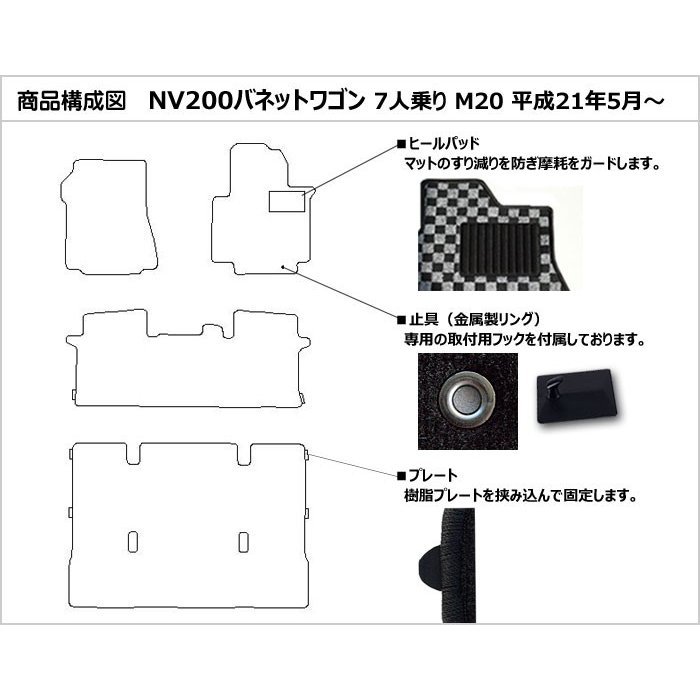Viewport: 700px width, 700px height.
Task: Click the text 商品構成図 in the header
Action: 71,101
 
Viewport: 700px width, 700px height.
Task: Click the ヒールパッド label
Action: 444,143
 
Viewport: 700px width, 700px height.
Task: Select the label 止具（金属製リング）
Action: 475,319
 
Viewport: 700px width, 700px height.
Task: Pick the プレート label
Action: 433,475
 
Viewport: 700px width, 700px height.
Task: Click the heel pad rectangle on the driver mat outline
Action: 287,201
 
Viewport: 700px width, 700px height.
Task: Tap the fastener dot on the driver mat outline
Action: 283,267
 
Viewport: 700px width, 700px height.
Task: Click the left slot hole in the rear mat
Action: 133,542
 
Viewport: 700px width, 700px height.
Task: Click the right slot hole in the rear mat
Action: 243,542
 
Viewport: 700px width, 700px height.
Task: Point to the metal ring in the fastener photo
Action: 467,399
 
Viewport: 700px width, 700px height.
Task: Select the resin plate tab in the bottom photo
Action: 431,558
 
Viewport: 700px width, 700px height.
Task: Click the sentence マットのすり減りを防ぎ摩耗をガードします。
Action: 532,164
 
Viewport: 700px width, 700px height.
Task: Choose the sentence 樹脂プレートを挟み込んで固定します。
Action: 520,495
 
